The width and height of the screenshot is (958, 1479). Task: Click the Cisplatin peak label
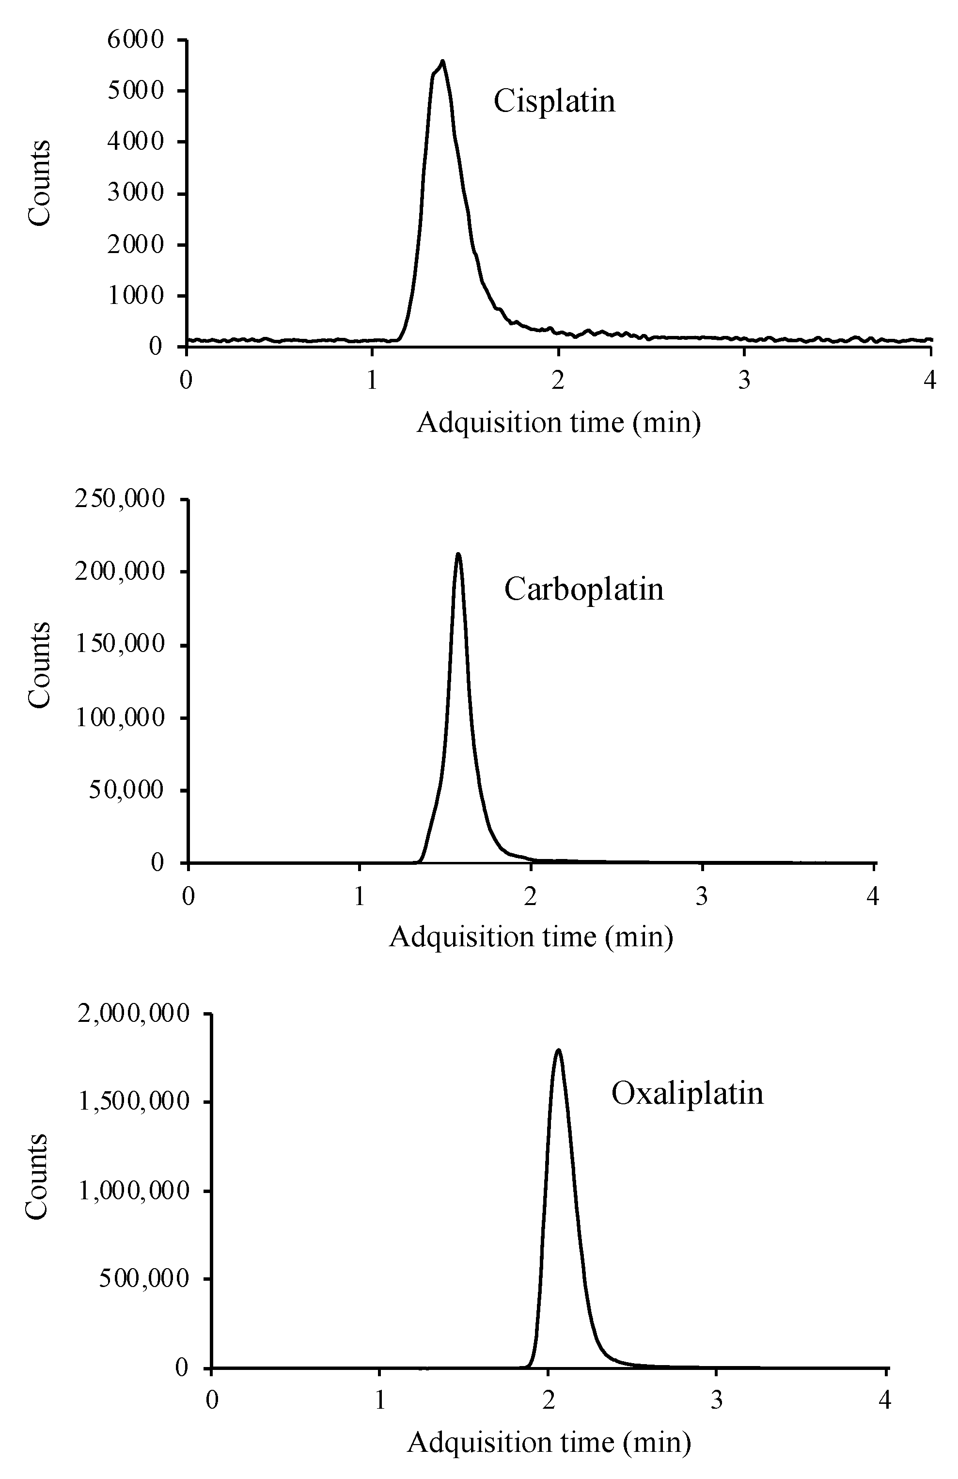tap(554, 101)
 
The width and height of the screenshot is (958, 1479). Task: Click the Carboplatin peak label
tap(583, 588)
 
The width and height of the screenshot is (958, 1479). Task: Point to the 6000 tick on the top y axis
tap(135, 40)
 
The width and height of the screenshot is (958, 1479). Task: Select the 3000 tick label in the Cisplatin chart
tap(135, 193)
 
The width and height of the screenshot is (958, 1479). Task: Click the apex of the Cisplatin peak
tap(442, 62)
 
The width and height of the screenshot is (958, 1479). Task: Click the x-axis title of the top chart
tap(558, 423)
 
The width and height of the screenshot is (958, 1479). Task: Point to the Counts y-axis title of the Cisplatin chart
tap(40, 183)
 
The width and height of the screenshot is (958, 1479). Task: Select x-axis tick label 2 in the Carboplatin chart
tap(530, 897)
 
